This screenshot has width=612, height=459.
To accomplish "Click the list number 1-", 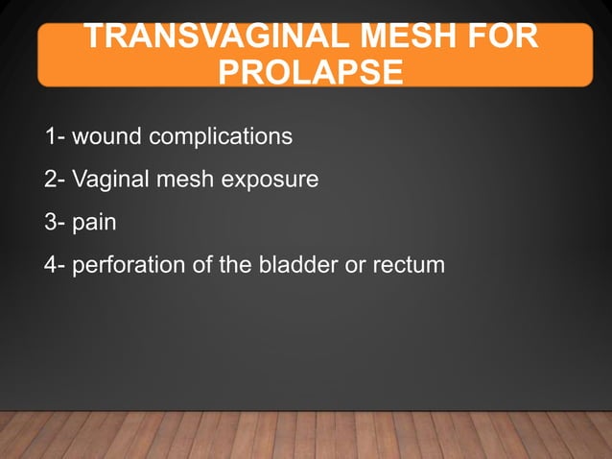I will (x=55, y=136).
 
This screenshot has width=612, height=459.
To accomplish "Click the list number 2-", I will (x=55, y=180).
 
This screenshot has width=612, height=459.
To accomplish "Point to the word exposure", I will (x=270, y=181).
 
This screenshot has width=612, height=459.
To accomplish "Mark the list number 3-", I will (x=55, y=223).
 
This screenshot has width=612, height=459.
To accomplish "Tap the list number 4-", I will (x=55, y=265).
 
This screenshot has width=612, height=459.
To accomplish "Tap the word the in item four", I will (x=235, y=265).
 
